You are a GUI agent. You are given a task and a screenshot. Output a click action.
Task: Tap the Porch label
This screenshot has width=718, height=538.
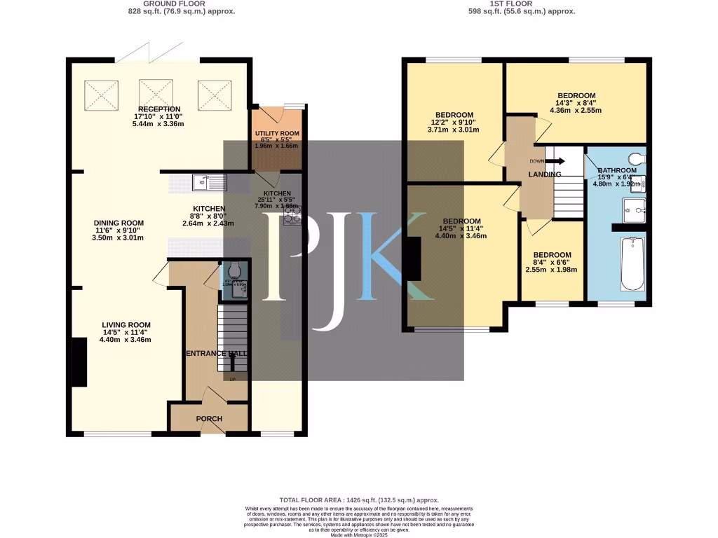[209, 419]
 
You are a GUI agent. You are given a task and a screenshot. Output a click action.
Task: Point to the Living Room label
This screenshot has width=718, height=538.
[126, 325]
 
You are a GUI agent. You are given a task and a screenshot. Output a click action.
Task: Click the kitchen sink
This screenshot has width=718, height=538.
[210, 184]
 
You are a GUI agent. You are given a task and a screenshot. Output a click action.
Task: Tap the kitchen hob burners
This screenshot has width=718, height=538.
[292, 216]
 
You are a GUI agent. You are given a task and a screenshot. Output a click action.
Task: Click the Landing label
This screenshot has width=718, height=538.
[545, 174]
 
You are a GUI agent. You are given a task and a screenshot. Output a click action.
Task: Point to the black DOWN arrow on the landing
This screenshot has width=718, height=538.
[558, 160]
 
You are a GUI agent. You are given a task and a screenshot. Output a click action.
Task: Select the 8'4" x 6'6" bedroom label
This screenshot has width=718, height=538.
[553, 255]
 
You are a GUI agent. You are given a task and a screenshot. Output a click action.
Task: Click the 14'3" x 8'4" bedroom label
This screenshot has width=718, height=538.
[576, 96]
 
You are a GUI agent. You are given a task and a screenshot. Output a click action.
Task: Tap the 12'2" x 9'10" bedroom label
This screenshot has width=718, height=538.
[454, 115]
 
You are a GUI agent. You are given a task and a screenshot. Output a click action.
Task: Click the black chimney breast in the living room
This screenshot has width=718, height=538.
[79, 361]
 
